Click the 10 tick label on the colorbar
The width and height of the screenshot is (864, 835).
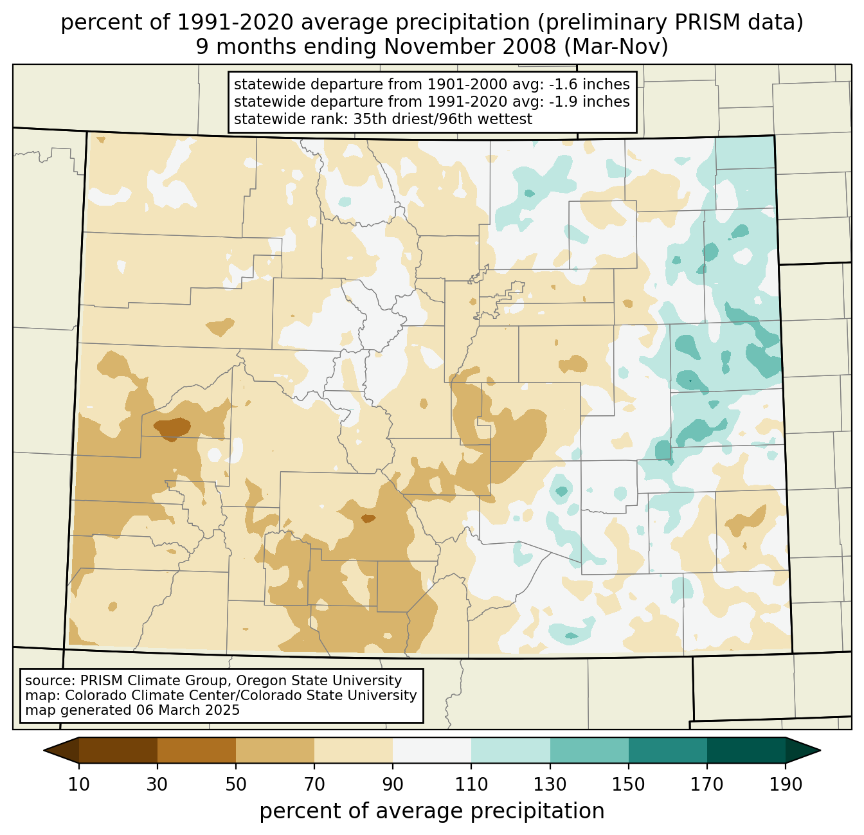[x=78, y=784]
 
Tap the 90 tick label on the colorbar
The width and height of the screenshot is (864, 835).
[x=393, y=784]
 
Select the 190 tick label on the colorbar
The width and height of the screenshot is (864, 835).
[x=785, y=784]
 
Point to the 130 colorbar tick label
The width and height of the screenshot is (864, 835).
[x=550, y=784]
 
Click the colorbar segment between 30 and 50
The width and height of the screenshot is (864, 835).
[x=196, y=750]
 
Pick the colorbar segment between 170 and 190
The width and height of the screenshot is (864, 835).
[x=746, y=750]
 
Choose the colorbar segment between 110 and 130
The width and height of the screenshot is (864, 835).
[x=510, y=750]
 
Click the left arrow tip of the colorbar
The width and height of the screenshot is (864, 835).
[x=44, y=750]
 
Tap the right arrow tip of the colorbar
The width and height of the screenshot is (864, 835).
[x=820, y=750]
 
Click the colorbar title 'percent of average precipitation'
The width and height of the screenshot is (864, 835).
[x=431, y=811]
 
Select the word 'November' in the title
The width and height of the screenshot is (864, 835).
[x=469, y=47]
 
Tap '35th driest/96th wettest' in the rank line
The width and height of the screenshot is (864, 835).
[x=443, y=119]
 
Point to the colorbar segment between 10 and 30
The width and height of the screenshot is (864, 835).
[x=118, y=750]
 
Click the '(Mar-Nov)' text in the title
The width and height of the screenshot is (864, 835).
[x=616, y=47]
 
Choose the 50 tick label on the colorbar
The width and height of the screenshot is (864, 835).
[x=236, y=784]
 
